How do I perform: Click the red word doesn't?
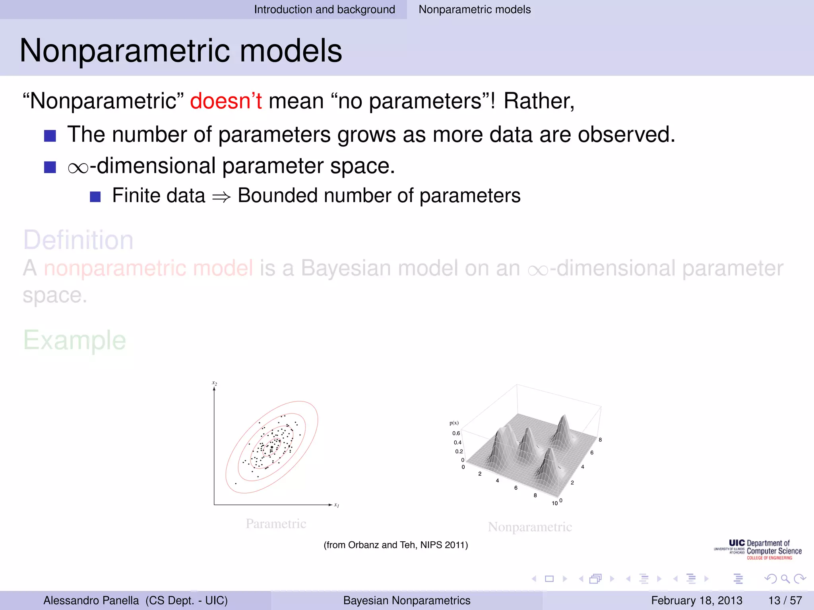225,101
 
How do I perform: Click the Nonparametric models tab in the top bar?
474,10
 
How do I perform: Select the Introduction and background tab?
324,10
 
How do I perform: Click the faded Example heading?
75,340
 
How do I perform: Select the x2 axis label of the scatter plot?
215,383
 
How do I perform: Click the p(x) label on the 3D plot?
454,423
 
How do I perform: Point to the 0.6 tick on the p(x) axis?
456,433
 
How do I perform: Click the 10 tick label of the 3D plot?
554,503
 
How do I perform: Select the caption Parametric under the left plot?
276,523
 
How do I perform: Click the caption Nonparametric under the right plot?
530,527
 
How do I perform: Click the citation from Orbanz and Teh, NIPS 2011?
395,545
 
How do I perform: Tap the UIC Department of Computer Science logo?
758,550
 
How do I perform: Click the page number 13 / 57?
785,600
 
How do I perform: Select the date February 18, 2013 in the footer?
696,600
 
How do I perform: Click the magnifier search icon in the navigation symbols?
785,579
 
